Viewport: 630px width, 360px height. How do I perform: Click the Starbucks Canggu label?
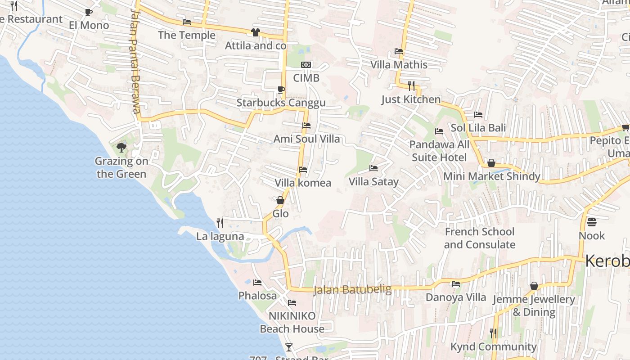281,103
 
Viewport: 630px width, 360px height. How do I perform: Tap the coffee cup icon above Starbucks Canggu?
281,90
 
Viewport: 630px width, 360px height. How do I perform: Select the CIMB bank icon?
306,65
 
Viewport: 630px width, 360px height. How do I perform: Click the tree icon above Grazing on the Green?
121,147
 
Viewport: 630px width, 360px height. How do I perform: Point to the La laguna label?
220,236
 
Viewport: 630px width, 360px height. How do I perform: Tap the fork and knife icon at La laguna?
220,223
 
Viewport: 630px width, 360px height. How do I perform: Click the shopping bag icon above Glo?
280,200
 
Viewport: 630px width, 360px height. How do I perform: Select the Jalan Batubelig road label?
352,290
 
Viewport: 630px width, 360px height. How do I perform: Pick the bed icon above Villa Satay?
373,168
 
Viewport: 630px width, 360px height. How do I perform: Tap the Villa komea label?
303,183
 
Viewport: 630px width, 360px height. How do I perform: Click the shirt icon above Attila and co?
255,32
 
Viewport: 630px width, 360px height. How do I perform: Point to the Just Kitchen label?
411,99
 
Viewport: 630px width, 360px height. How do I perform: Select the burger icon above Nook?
592,222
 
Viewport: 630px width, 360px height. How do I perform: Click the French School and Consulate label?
479,238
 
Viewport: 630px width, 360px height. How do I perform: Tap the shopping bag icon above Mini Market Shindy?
491,163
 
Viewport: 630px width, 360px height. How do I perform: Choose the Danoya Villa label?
456,297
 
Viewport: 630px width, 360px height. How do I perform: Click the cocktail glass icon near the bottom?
289,347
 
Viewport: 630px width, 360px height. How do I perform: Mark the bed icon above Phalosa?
257,283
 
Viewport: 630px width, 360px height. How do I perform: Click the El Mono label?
89,25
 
